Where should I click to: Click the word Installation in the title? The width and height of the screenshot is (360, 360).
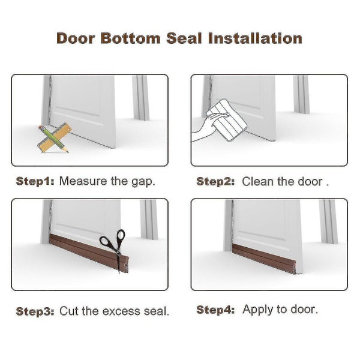255,39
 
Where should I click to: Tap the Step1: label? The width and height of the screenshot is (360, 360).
35,181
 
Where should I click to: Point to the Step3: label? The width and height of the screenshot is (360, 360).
35,311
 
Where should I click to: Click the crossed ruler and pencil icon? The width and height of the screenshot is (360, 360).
53,138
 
